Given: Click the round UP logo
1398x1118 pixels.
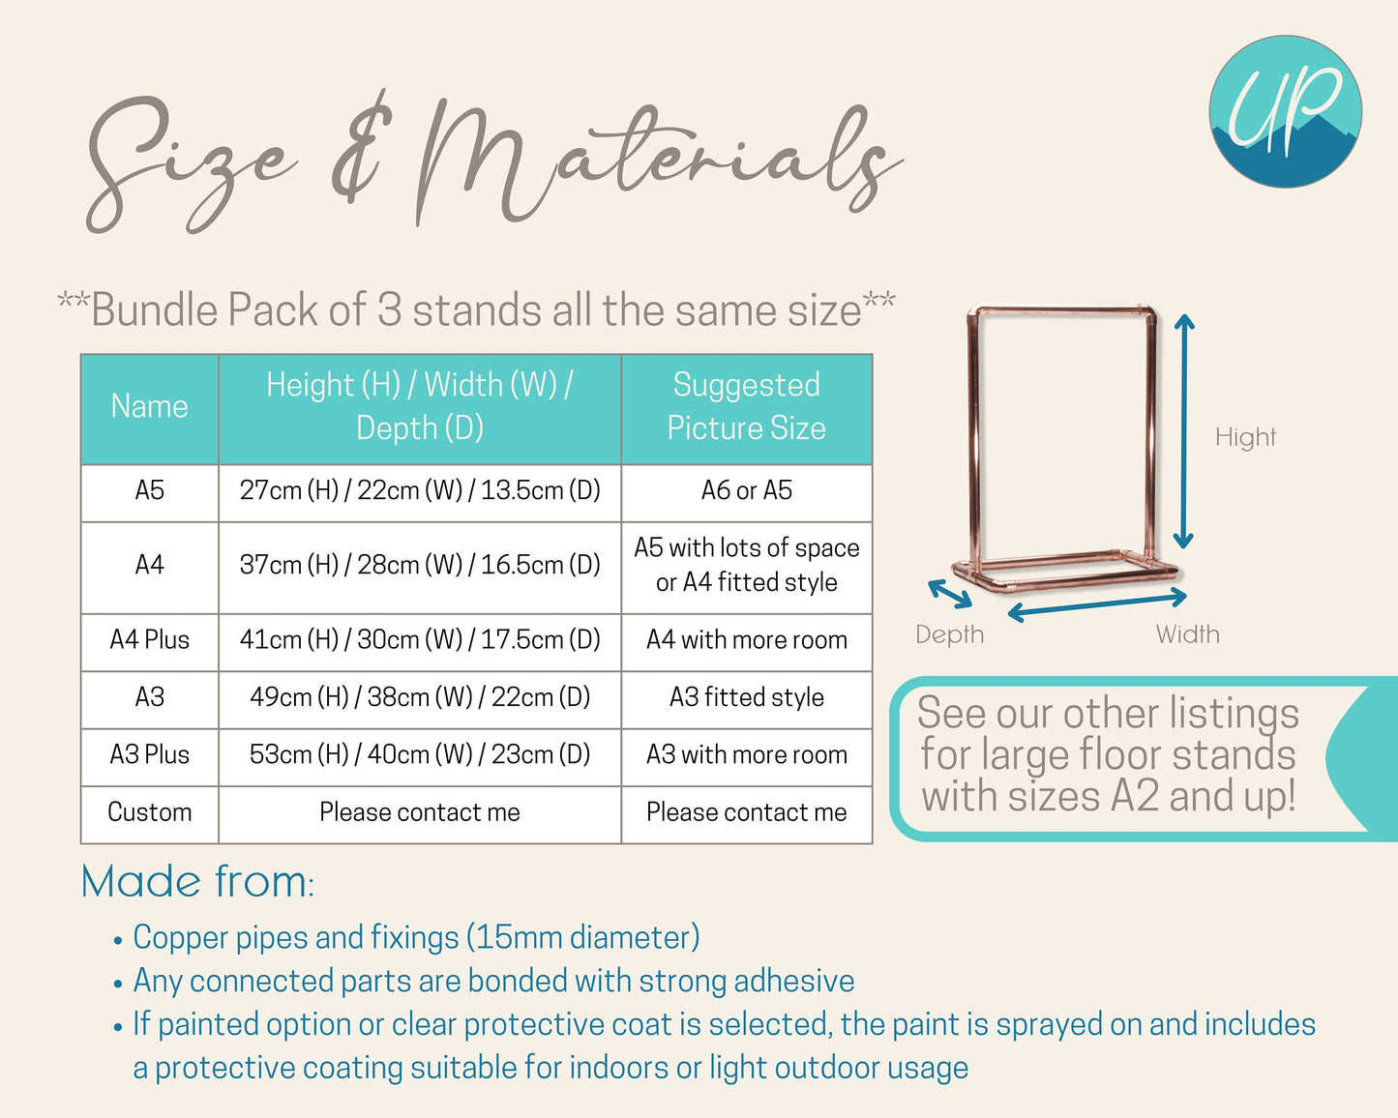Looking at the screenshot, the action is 1285,112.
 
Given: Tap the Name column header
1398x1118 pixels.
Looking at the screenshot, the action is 149,406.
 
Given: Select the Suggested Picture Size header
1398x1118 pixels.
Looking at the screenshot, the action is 747,406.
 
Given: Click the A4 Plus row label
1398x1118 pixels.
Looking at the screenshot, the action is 149,640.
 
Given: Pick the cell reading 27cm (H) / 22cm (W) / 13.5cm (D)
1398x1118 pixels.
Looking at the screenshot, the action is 420,490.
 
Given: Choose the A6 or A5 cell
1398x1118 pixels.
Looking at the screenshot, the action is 747,490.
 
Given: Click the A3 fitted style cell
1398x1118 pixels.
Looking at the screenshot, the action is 747,697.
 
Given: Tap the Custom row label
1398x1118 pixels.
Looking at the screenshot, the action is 149,812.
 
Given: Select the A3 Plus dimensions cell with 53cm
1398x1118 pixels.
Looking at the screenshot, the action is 420,755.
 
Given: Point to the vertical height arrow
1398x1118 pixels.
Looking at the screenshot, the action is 1183,431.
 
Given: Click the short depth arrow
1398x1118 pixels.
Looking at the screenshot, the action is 950,594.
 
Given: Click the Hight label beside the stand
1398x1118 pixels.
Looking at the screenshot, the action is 1245,437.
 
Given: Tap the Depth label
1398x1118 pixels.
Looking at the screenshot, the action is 950,634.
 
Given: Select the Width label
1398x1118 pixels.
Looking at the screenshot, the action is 1187,634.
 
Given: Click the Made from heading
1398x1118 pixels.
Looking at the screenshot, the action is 197,882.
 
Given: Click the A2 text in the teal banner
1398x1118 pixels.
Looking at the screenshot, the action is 1135,796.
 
